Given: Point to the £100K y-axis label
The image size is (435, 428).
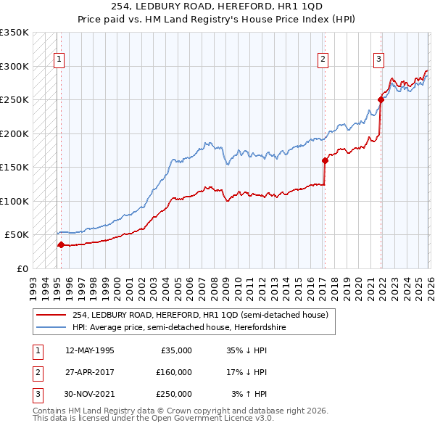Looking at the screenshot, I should [x=14, y=201].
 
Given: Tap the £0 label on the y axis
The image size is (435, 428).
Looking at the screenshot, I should [x=21, y=268].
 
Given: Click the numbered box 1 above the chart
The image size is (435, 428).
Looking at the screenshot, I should [x=59, y=60].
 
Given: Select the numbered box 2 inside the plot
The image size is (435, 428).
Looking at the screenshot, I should [x=323, y=60].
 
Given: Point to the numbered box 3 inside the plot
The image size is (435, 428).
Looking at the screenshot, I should [x=378, y=60].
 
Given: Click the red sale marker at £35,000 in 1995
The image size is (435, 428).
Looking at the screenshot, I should [x=61, y=244].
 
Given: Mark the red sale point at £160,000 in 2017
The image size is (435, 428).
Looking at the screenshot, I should [x=325, y=161].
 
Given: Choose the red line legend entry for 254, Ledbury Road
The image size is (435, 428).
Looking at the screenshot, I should [x=200, y=315].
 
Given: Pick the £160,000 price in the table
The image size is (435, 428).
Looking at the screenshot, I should [x=174, y=371].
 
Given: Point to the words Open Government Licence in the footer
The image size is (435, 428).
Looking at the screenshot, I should [x=214, y=419].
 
